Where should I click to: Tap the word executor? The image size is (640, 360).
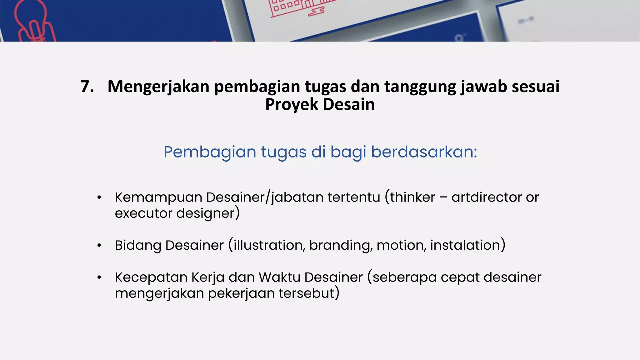143,213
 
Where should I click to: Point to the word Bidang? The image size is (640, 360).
138,246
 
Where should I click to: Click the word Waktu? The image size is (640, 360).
279,277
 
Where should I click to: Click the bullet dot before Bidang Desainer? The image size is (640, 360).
99,246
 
